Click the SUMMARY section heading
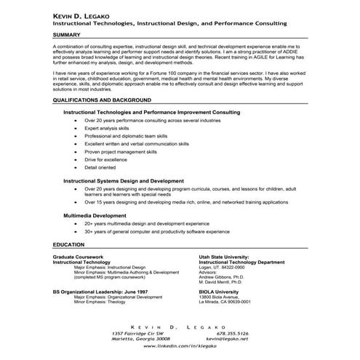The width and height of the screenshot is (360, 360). [66, 34]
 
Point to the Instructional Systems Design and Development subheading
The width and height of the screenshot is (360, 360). [123, 180]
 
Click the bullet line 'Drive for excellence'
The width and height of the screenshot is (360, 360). [105, 159]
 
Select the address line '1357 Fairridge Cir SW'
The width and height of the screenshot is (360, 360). [141, 333]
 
